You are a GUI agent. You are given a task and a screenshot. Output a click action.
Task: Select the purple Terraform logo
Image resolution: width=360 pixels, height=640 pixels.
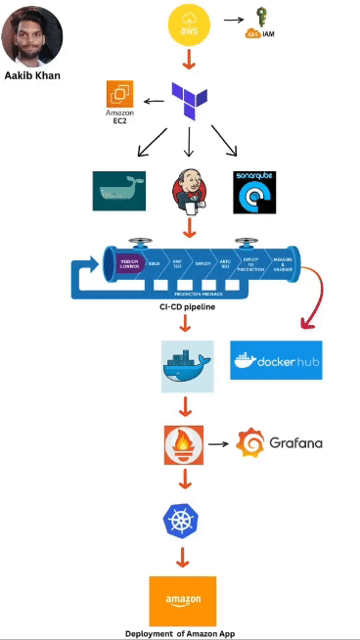189,101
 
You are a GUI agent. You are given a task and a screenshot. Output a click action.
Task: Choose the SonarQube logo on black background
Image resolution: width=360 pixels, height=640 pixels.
259,192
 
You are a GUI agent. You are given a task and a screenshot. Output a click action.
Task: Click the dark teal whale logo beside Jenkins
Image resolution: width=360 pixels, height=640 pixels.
118,190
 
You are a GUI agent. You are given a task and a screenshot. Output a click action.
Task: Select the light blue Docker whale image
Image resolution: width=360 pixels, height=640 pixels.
187,366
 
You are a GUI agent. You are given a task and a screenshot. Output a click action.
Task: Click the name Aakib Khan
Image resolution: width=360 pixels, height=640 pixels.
32,74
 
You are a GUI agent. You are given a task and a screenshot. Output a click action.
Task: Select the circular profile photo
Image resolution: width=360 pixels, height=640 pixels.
32,34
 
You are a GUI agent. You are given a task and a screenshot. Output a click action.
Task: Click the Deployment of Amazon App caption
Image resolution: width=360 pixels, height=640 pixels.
180,633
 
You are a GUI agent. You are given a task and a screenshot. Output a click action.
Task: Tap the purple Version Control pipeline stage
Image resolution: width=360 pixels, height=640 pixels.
130,264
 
